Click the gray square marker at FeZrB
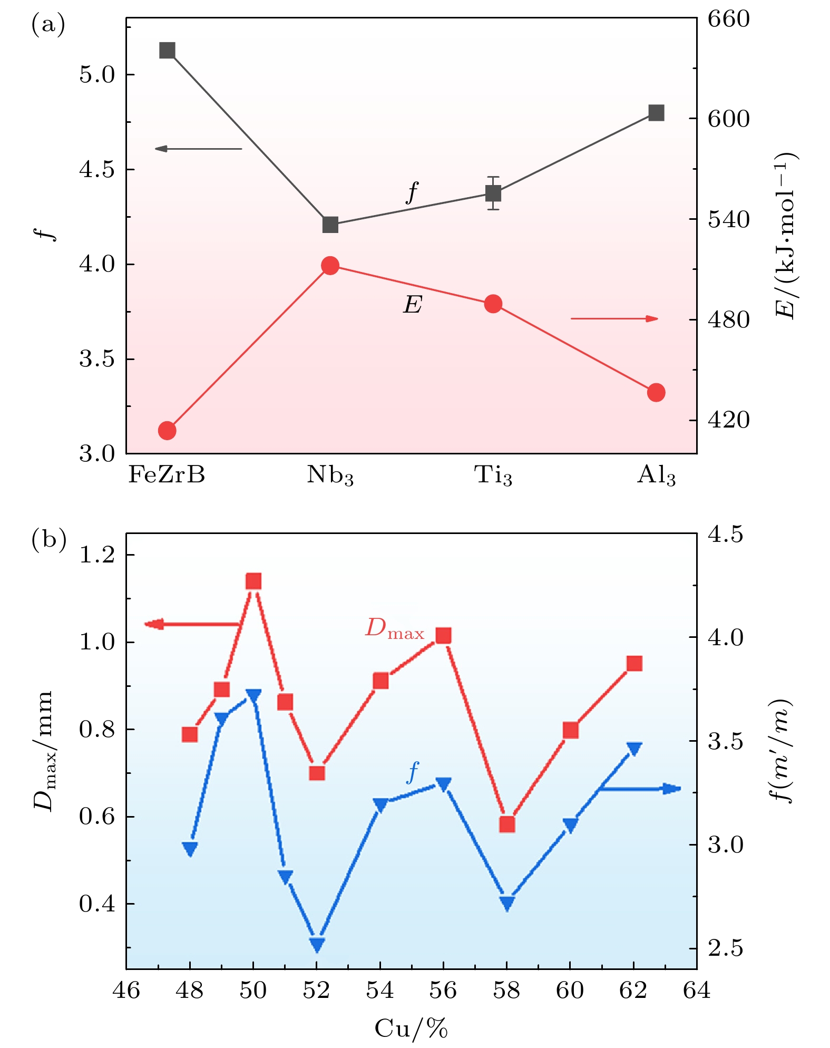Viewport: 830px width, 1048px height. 167,51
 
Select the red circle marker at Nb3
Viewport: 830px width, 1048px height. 330,266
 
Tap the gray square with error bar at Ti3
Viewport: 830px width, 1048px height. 493,193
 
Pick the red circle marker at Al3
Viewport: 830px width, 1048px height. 656,392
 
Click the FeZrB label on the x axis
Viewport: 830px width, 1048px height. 167,475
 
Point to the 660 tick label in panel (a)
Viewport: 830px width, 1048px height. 728,20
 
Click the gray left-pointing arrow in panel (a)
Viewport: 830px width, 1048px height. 198,149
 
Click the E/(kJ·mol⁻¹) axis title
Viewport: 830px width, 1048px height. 786,236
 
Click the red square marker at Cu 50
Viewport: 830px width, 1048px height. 253,581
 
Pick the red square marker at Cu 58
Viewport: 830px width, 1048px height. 507,824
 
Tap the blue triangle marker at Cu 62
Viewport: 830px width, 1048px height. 634,749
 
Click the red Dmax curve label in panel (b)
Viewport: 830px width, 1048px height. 395,629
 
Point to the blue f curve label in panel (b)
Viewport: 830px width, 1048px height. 413,773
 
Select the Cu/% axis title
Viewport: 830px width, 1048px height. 411,1027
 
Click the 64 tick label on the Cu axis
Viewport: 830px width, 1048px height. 697,991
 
